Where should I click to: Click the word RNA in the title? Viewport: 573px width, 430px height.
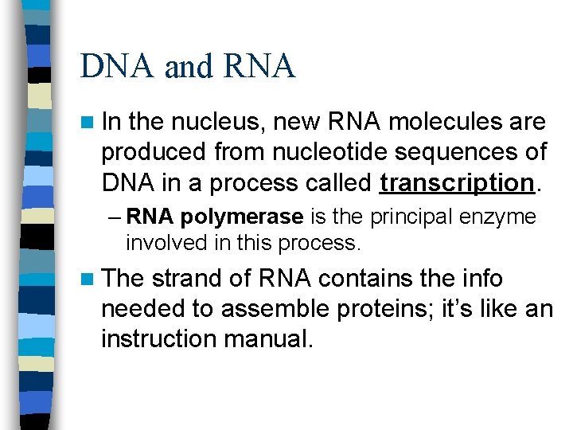click(259, 66)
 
